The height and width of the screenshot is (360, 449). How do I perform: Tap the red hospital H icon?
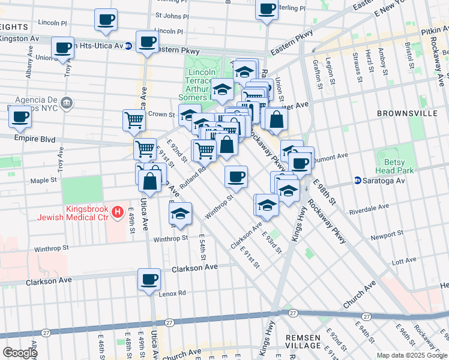pyautogui.click(x=118, y=212)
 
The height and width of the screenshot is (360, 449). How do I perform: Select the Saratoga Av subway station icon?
pyautogui.click(x=358, y=180)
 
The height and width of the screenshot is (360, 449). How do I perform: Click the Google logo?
pyautogui.click(x=20, y=353)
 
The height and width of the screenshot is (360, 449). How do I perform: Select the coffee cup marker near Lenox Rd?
pyautogui.click(x=149, y=278)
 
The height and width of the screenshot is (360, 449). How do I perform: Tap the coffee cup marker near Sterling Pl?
pyautogui.click(x=267, y=9)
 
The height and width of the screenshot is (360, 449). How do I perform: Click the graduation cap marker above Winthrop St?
pyautogui.click(x=180, y=213)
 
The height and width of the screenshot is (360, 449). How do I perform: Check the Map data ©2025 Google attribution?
pyautogui.click(x=412, y=355)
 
